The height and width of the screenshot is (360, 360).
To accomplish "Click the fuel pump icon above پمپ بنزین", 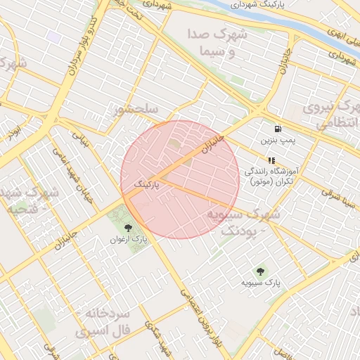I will coord(279,129).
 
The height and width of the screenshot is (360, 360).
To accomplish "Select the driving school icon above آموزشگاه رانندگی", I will coord(271,160).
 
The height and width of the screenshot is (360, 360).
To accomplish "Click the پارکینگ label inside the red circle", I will coord(147,184).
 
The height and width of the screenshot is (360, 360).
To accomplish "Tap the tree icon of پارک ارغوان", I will coord(128,227).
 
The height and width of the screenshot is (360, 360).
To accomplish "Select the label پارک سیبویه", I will coord(261,283).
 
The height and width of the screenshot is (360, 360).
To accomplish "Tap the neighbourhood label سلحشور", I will coord(141,109).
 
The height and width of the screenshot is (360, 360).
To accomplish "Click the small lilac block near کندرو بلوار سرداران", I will coord(53,36).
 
